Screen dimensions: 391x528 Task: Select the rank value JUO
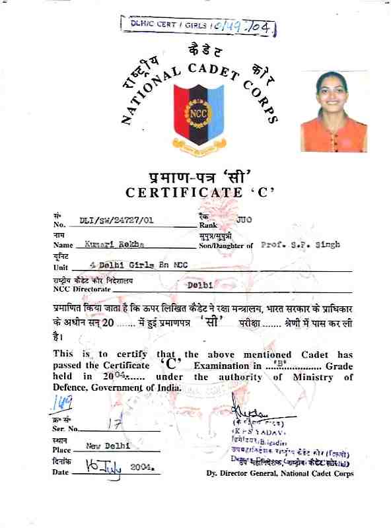pyautogui.click(x=244, y=218)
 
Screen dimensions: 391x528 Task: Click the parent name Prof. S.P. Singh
pyautogui.click(x=301, y=244)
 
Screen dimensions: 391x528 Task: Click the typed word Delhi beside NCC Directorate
pyautogui.click(x=199, y=285)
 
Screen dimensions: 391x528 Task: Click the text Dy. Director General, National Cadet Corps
pyautogui.click(x=279, y=473)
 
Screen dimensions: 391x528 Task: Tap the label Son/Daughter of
pyautogui.click(x=225, y=246)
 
